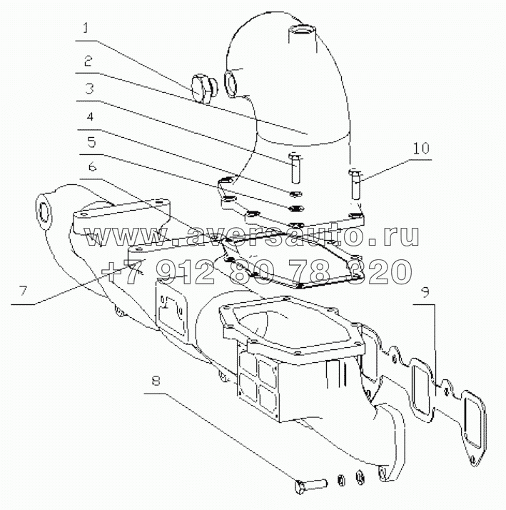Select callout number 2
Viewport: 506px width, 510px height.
tap(87, 61)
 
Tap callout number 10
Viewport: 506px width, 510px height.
tap(421, 148)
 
